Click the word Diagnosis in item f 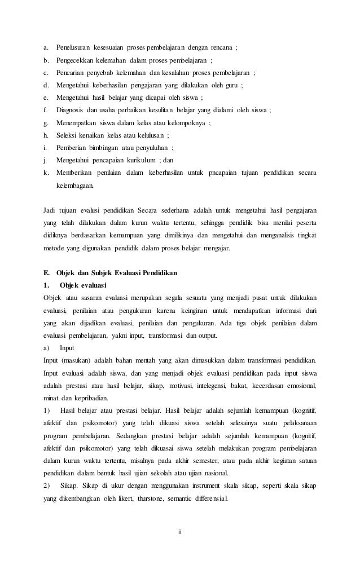69,110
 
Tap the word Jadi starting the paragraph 49,209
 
